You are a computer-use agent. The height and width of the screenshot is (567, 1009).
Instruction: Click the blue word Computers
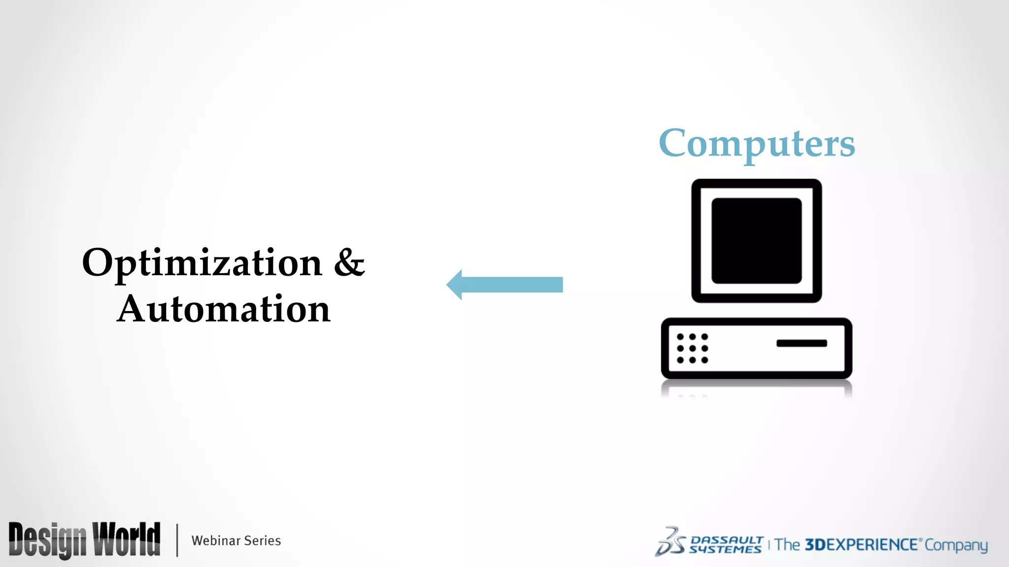pos(757,143)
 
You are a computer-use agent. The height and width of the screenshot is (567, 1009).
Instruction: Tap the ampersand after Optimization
pos(349,262)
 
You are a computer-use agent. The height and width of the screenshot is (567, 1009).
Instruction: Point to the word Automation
pos(224,309)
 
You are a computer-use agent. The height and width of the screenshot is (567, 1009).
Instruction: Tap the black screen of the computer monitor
pos(756,241)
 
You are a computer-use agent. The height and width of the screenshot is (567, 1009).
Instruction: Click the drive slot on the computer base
pos(802,343)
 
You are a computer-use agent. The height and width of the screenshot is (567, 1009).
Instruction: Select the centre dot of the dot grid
pos(692,348)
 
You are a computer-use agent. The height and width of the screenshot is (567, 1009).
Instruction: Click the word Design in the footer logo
pos(47,540)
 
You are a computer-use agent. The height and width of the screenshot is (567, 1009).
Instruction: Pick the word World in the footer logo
pos(127,539)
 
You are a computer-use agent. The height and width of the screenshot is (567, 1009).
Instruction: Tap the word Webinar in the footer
pos(216,540)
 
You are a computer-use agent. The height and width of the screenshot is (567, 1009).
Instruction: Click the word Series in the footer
pos(263,540)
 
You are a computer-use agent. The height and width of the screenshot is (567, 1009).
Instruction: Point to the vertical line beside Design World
pos(177,540)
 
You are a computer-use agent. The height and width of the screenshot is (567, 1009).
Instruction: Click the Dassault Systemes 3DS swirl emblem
pos(670,542)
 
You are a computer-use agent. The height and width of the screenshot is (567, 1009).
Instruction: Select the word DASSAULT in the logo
pos(727,540)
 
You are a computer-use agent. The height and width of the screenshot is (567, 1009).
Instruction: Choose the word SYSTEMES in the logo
pos(725,549)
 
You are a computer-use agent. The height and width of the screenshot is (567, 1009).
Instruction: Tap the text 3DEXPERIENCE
pos(861,545)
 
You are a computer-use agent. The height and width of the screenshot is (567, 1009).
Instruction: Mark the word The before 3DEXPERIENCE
pos(787,545)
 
